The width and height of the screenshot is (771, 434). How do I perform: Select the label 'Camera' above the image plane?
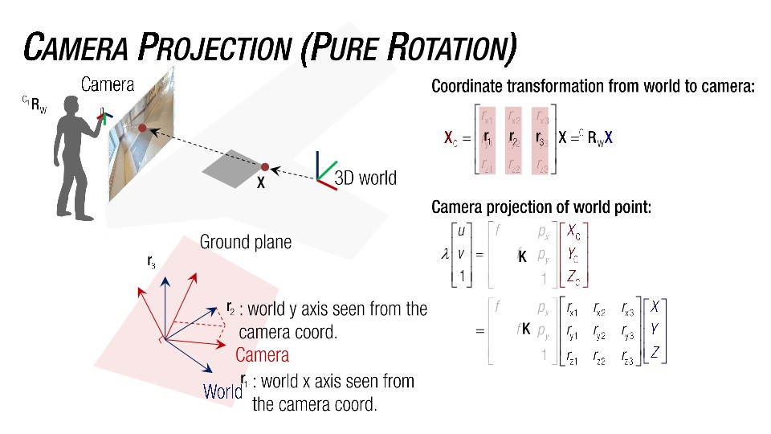(x=108, y=84)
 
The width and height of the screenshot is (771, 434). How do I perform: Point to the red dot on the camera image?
(x=142, y=128)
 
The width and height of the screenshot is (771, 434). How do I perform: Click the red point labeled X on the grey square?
(x=264, y=166)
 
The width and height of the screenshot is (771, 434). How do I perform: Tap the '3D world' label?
(x=365, y=178)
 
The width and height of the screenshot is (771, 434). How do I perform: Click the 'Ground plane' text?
(x=245, y=242)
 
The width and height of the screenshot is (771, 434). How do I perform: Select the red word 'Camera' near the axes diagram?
(x=262, y=354)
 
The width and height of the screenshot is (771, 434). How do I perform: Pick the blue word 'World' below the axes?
(x=222, y=392)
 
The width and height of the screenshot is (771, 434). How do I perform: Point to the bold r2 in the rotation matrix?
(x=514, y=138)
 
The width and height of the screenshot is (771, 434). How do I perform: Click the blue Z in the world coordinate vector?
(x=655, y=352)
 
